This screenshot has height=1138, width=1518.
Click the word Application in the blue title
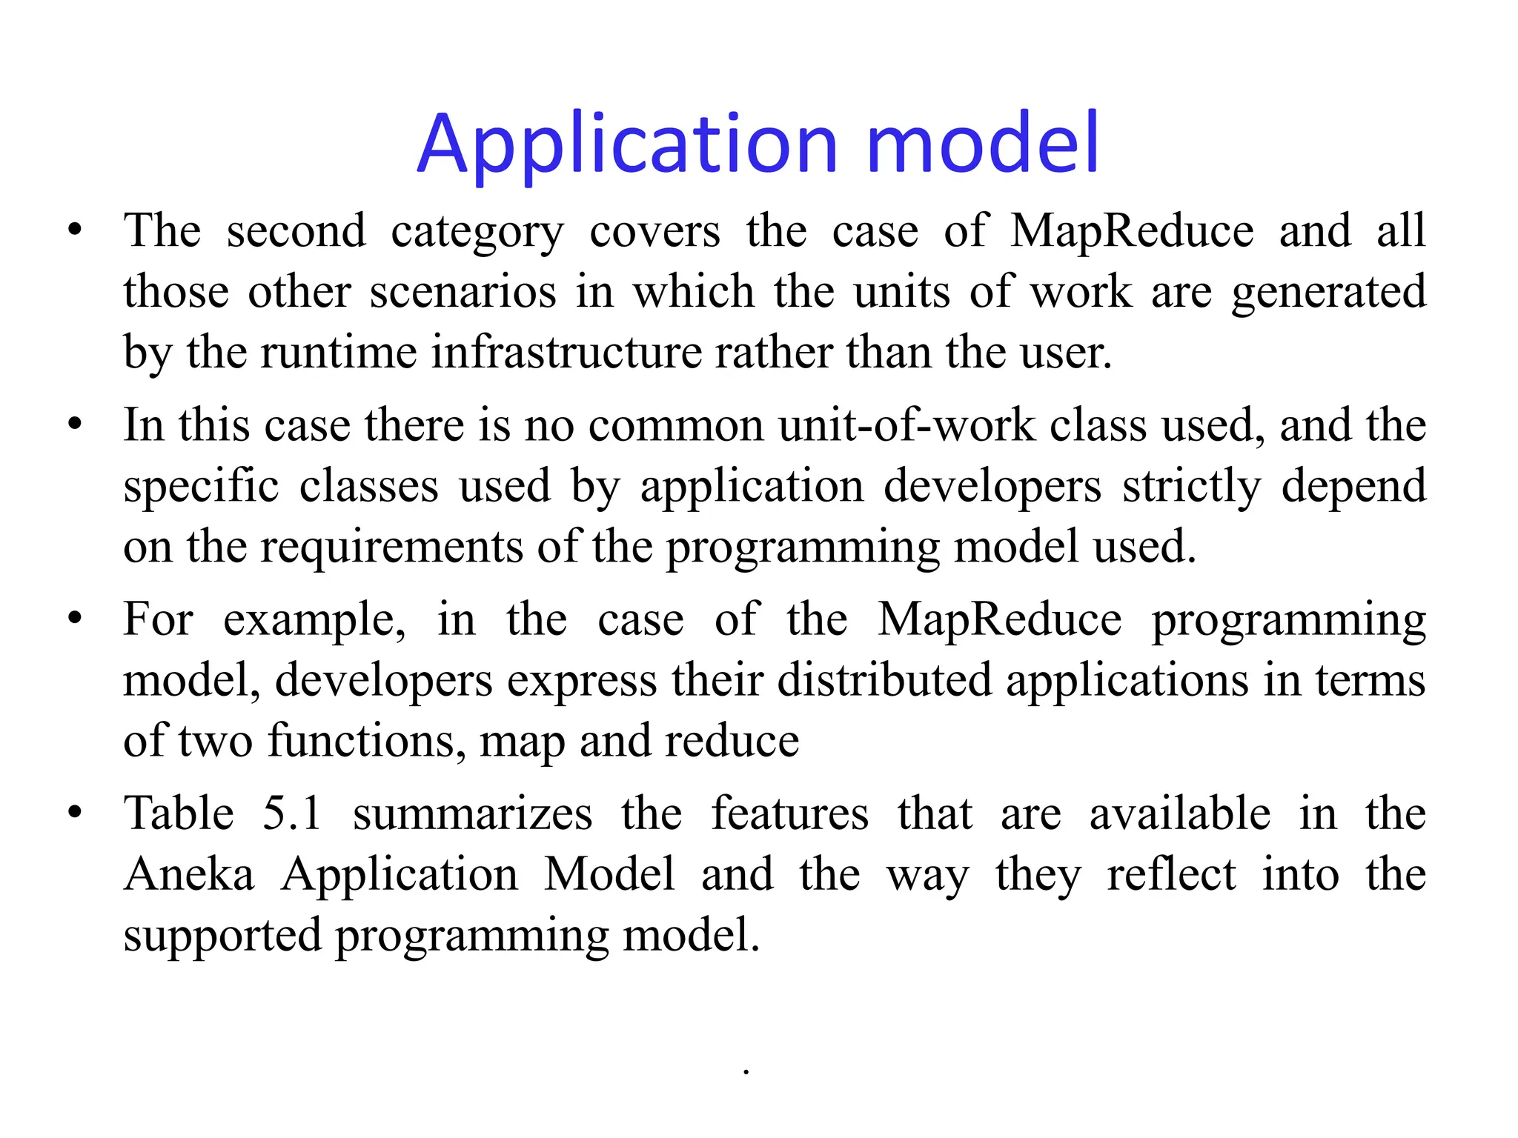627,144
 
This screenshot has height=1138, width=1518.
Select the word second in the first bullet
296,231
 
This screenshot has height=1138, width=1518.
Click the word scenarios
463,292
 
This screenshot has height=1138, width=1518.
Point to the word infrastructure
566,352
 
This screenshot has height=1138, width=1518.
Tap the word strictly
1191,488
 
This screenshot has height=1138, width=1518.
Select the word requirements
391,548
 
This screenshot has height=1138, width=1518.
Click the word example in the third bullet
314,622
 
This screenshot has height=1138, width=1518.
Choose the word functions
367,742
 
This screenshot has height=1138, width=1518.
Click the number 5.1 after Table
292,814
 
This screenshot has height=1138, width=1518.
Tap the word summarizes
472,814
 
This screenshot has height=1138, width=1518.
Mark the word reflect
1171,875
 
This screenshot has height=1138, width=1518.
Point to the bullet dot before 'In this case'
74,426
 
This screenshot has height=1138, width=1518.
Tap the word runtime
339,352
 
